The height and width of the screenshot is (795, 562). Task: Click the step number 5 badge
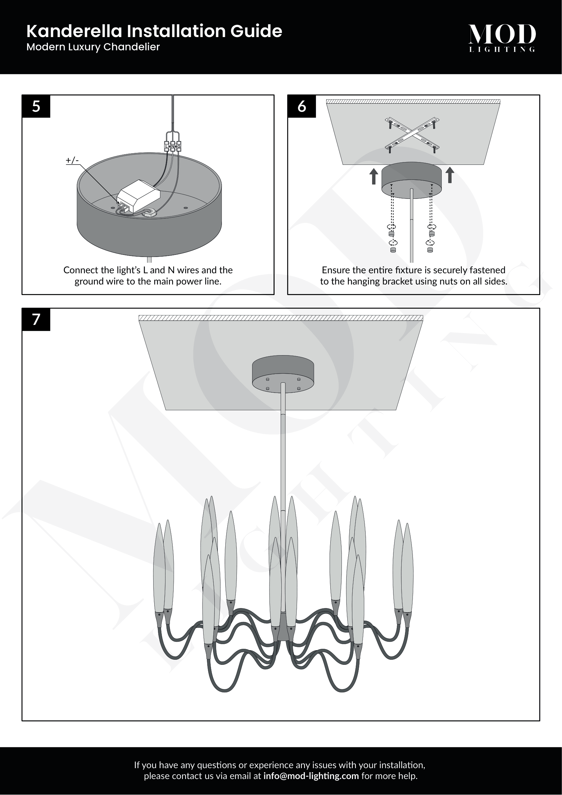tap(36, 106)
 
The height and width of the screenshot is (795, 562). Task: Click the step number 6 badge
tap(301, 106)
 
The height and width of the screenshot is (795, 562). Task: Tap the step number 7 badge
tap(36, 319)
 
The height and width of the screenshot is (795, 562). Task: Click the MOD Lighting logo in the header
tap(502, 37)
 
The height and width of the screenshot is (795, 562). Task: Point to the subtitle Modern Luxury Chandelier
tap(93, 47)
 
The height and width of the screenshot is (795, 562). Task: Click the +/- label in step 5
tap(72, 160)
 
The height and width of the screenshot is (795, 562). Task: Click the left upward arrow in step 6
tap(374, 176)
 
